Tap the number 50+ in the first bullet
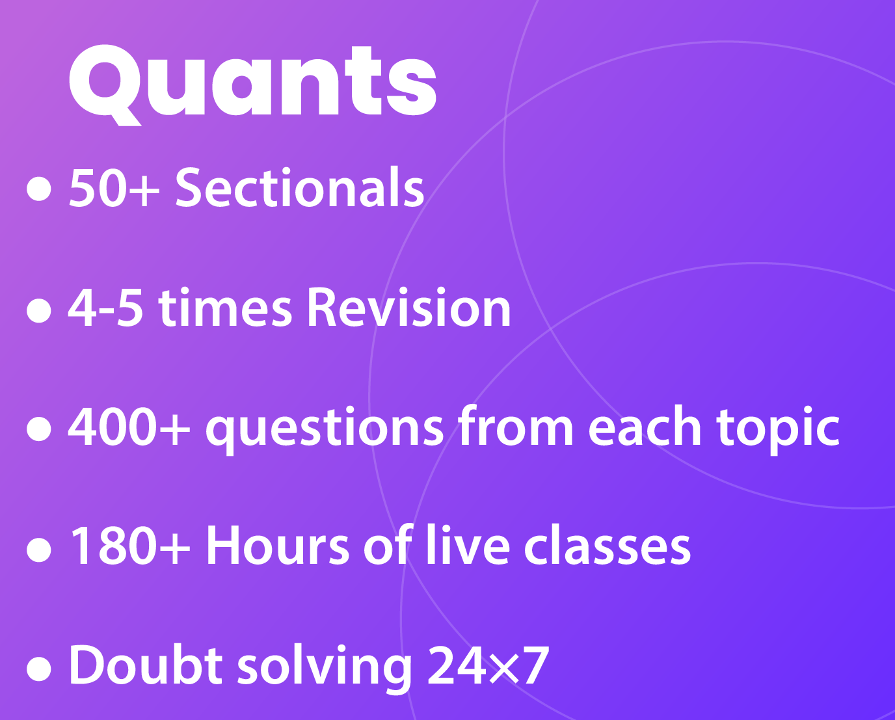coord(114,188)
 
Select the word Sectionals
coord(299,188)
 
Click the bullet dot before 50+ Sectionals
coord(39,189)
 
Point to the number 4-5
coord(105,308)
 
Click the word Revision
coord(408,308)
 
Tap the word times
coord(225,308)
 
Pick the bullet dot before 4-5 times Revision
coord(39,310)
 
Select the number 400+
coord(129,427)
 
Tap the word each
coord(645,427)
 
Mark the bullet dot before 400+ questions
coord(39,429)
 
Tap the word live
coord(467,545)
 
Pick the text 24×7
coord(488,665)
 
